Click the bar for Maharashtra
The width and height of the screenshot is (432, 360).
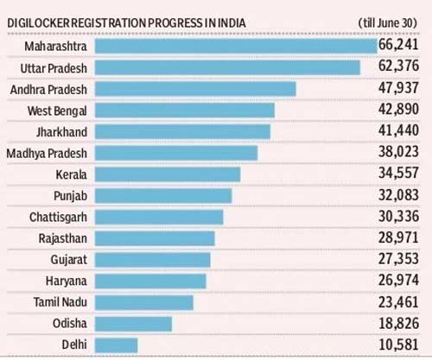pyautogui.click(x=236, y=46)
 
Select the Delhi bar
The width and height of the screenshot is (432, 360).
pyautogui.click(x=117, y=345)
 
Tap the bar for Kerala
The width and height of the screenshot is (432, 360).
pyautogui.click(x=168, y=174)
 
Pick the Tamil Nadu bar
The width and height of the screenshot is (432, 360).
pyautogui.click(x=144, y=302)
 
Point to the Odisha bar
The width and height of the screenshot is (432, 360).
pyautogui.click(x=133, y=324)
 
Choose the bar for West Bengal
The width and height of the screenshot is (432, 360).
pyautogui.click(x=185, y=111)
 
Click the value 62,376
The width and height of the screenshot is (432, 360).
pyautogui.click(x=398, y=66)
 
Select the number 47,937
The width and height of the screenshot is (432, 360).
pyautogui.click(x=398, y=88)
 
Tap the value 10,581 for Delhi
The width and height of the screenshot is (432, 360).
pyautogui.click(x=398, y=344)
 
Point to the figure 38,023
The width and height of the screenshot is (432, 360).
pyautogui.click(x=398, y=152)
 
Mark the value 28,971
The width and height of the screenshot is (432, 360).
pyautogui.click(x=398, y=237)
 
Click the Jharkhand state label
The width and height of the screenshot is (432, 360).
pyautogui.click(x=61, y=132)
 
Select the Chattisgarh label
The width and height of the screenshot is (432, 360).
pyautogui.click(x=58, y=218)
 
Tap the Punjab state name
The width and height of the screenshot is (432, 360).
pyautogui.click(x=71, y=196)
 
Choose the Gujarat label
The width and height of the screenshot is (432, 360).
pyautogui.click(x=69, y=260)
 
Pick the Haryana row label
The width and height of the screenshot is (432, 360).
pyautogui.click(x=67, y=281)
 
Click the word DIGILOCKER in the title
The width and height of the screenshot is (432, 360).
pyautogui.click(x=39, y=23)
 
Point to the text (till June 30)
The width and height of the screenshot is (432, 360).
pyautogui.click(x=388, y=22)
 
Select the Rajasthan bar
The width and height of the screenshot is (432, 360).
pyautogui.click(x=155, y=238)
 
